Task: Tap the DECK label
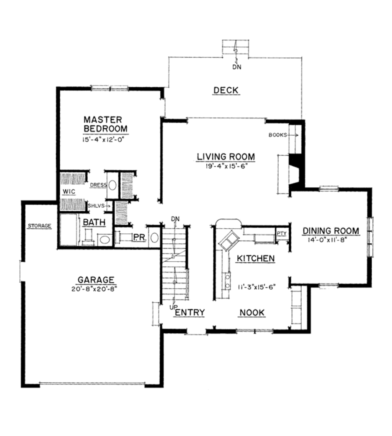226,90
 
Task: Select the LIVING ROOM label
226,157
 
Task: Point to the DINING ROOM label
331,231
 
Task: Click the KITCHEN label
256,259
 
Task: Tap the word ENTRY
189,313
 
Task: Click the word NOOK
252,313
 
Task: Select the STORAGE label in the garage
39,226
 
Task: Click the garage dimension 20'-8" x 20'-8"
94,289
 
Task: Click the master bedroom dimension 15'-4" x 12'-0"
104,140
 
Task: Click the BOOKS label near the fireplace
278,135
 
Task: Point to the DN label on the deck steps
237,68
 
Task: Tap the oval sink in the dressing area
113,185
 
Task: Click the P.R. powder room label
138,238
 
